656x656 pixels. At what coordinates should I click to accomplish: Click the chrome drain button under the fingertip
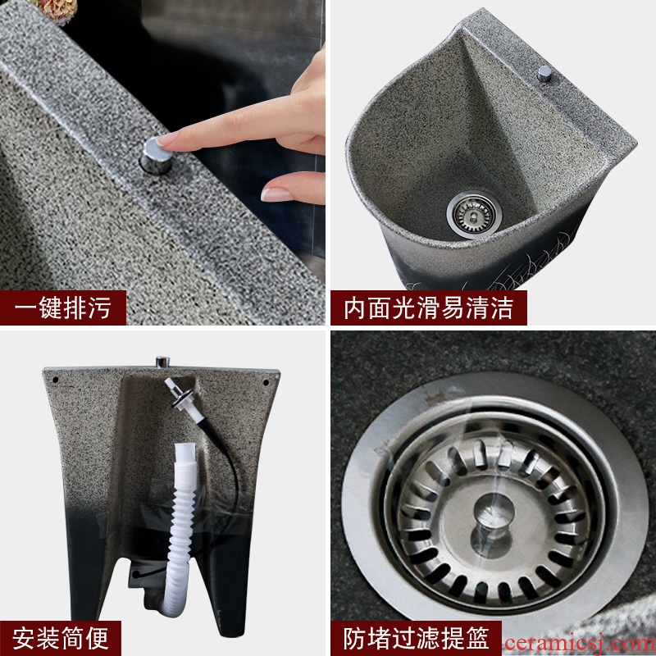click(x=155, y=157)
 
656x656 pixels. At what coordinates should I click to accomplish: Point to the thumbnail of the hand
click(x=276, y=194)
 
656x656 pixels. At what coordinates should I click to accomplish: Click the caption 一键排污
click(x=63, y=308)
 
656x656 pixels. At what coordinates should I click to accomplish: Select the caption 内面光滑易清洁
click(x=428, y=308)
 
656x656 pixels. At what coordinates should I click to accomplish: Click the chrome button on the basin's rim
click(x=544, y=74)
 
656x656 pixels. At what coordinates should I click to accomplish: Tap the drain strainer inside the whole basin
click(x=474, y=215)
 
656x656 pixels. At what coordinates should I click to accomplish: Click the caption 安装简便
click(x=60, y=639)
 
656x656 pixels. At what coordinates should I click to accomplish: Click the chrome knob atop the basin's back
click(x=162, y=362)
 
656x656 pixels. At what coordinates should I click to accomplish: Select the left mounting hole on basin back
click(x=55, y=380)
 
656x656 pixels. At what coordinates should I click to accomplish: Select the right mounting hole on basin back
click(x=266, y=382)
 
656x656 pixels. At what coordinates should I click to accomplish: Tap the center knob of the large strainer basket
click(x=493, y=524)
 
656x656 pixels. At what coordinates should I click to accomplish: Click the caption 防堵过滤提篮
click(x=416, y=639)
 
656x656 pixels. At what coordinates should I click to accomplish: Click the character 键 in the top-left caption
click(x=51, y=308)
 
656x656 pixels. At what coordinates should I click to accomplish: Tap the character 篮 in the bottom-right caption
click(x=477, y=639)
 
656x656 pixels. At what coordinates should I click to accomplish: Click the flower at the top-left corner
click(x=57, y=9)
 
